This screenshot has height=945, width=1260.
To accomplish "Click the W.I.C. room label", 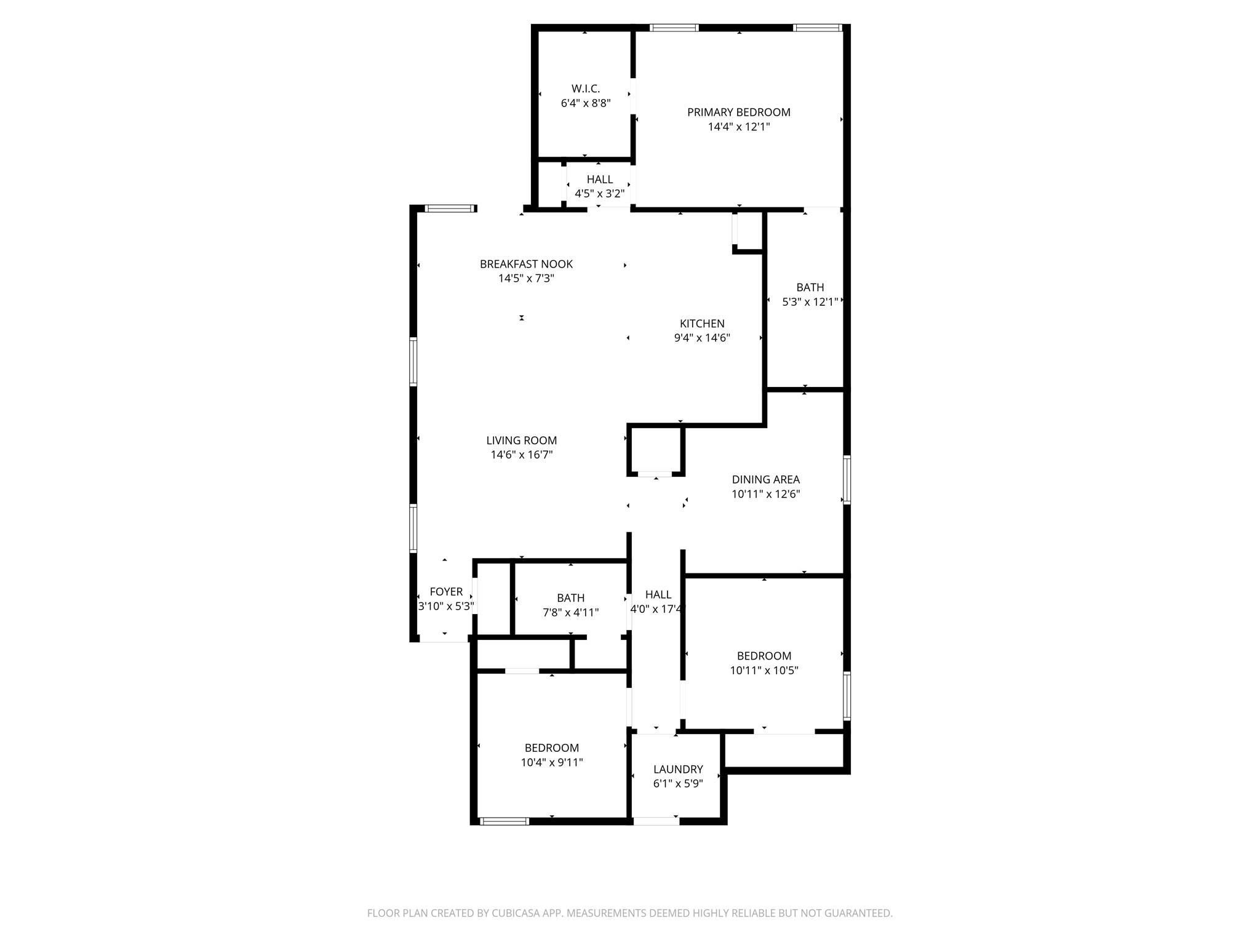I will click(x=585, y=89).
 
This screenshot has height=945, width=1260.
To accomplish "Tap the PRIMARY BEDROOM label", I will click(x=738, y=112).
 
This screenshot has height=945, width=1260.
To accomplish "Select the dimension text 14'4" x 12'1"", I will click(x=738, y=127).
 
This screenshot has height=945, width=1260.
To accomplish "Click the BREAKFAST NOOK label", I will click(x=526, y=264).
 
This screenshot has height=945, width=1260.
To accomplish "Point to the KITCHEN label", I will click(x=701, y=323).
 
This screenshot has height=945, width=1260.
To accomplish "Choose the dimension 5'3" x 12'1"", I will click(x=810, y=302).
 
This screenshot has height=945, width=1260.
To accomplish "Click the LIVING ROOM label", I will click(x=521, y=440).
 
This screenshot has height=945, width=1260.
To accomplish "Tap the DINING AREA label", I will click(x=765, y=479).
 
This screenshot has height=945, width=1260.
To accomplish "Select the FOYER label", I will click(x=445, y=591).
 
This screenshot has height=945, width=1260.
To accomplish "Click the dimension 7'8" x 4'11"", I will click(x=570, y=612).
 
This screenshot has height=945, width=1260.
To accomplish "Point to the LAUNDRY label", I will click(x=677, y=769).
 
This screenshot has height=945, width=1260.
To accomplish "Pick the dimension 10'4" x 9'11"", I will click(x=551, y=762).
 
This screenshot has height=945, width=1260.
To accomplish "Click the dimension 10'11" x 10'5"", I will click(x=764, y=671).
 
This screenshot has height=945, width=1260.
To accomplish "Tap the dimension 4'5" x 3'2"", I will click(x=599, y=193).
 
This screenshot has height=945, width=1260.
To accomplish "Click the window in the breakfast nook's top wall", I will click(x=451, y=209).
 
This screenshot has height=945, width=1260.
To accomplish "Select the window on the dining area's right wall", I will click(x=847, y=480).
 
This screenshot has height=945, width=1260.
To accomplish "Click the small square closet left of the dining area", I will click(x=656, y=450).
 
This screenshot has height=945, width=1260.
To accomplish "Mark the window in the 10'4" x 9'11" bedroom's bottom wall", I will click(x=504, y=821).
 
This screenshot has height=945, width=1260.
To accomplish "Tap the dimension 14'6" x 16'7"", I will click(x=521, y=455).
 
